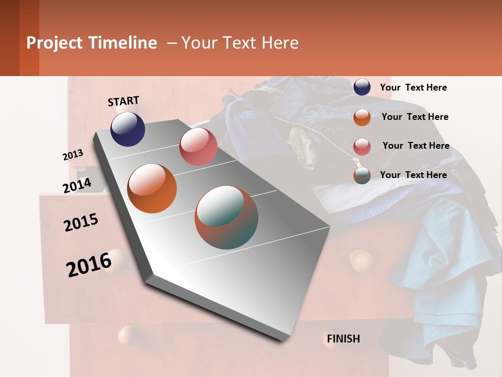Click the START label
pos(123,101)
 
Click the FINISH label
pos(343,339)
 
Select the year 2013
pos(73,155)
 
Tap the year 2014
pos(77,185)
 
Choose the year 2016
pos(89,264)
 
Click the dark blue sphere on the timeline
pos(128,129)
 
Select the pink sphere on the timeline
pos(198,147)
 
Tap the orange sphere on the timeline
pos(152,188)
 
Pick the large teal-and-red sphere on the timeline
pos(226,217)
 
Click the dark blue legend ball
pos(362,87)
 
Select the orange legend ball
pos(362,117)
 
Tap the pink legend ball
pos(362,147)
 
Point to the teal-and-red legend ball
pos(362,175)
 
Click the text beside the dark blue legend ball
pos(413,87)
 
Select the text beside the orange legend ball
pos(415,117)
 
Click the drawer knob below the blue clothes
pos(361,260)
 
